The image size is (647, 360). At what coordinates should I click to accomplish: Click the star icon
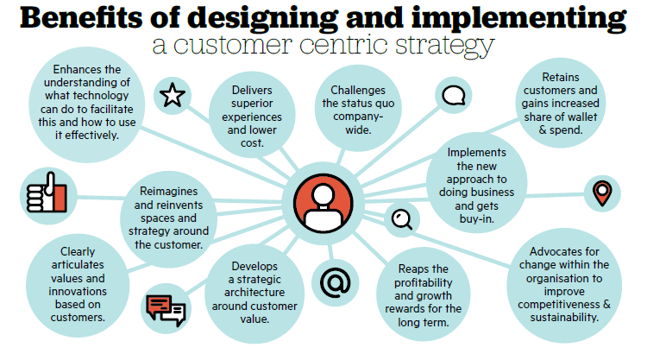(x=172, y=95)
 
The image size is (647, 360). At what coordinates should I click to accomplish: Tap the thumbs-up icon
(x=47, y=193)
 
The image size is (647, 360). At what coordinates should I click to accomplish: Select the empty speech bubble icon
(x=454, y=95)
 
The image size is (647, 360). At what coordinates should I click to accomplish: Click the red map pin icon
(x=602, y=193)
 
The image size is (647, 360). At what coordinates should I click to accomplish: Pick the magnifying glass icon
(x=402, y=219)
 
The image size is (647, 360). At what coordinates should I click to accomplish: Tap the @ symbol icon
(x=335, y=283)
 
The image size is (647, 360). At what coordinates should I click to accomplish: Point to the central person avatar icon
(x=323, y=203)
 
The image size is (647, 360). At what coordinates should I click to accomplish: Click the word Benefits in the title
(x=81, y=18)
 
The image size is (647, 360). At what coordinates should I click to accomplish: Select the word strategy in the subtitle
(x=445, y=46)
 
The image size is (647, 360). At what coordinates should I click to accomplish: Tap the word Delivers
(x=252, y=90)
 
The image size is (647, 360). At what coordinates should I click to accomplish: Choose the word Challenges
(x=358, y=90)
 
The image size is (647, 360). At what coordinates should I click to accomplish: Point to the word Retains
(x=561, y=77)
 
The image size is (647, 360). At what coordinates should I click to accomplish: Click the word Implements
(x=476, y=153)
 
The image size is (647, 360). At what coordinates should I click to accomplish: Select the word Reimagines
(x=168, y=192)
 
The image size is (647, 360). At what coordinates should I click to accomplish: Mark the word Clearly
(x=78, y=252)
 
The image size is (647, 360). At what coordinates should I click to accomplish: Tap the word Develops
(x=254, y=267)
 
